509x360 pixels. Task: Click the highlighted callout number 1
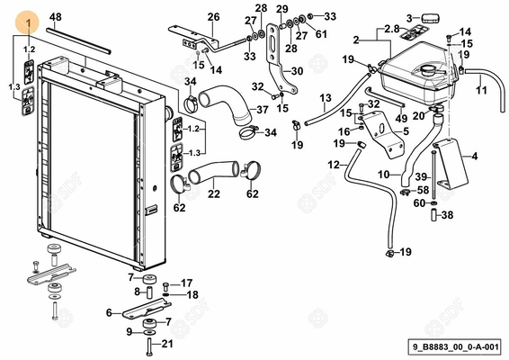pyautogui.click(x=29, y=23)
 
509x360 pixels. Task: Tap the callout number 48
pyautogui.click(x=56, y=16)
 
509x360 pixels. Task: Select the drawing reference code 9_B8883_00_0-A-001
pyautogui.click(x=455, y=346)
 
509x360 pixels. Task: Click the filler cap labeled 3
pyautogui.click(x=431, y=18)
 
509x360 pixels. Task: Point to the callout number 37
pyautogui.click(x=263, y=110)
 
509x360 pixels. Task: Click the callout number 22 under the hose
pyautogui.click(x=214, y=193)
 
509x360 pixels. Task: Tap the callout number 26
pyautogui.click(x=214, y=16)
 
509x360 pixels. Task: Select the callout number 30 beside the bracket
pyautogui.click(x=297, y=71)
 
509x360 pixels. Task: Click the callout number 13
pyautogui.click(x=326, y=98)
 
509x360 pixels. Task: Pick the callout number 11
pyautogui.click(x=481, y=90)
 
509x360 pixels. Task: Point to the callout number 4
pyautogui.click(x=475, y=157)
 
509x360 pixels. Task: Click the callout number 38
pyautogui.click(x=447, y=215)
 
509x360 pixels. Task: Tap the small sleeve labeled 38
pyautogui.click(x=434, y=215)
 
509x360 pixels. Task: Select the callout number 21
pyautogui.click(x=167, y=344)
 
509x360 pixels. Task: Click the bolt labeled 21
pyautogui.click(x=149, y=347)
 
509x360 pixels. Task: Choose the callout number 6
pyautogui.click(x=109, y=312)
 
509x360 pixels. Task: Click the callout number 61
pyautogui.click(x=321, y=33)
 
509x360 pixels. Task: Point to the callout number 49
pyautogui.click(x=401, y=118)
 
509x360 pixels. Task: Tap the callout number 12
pyautogui.click(x=334, y=165)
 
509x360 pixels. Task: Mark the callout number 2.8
pyautogui.click(x=392, y=29)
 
